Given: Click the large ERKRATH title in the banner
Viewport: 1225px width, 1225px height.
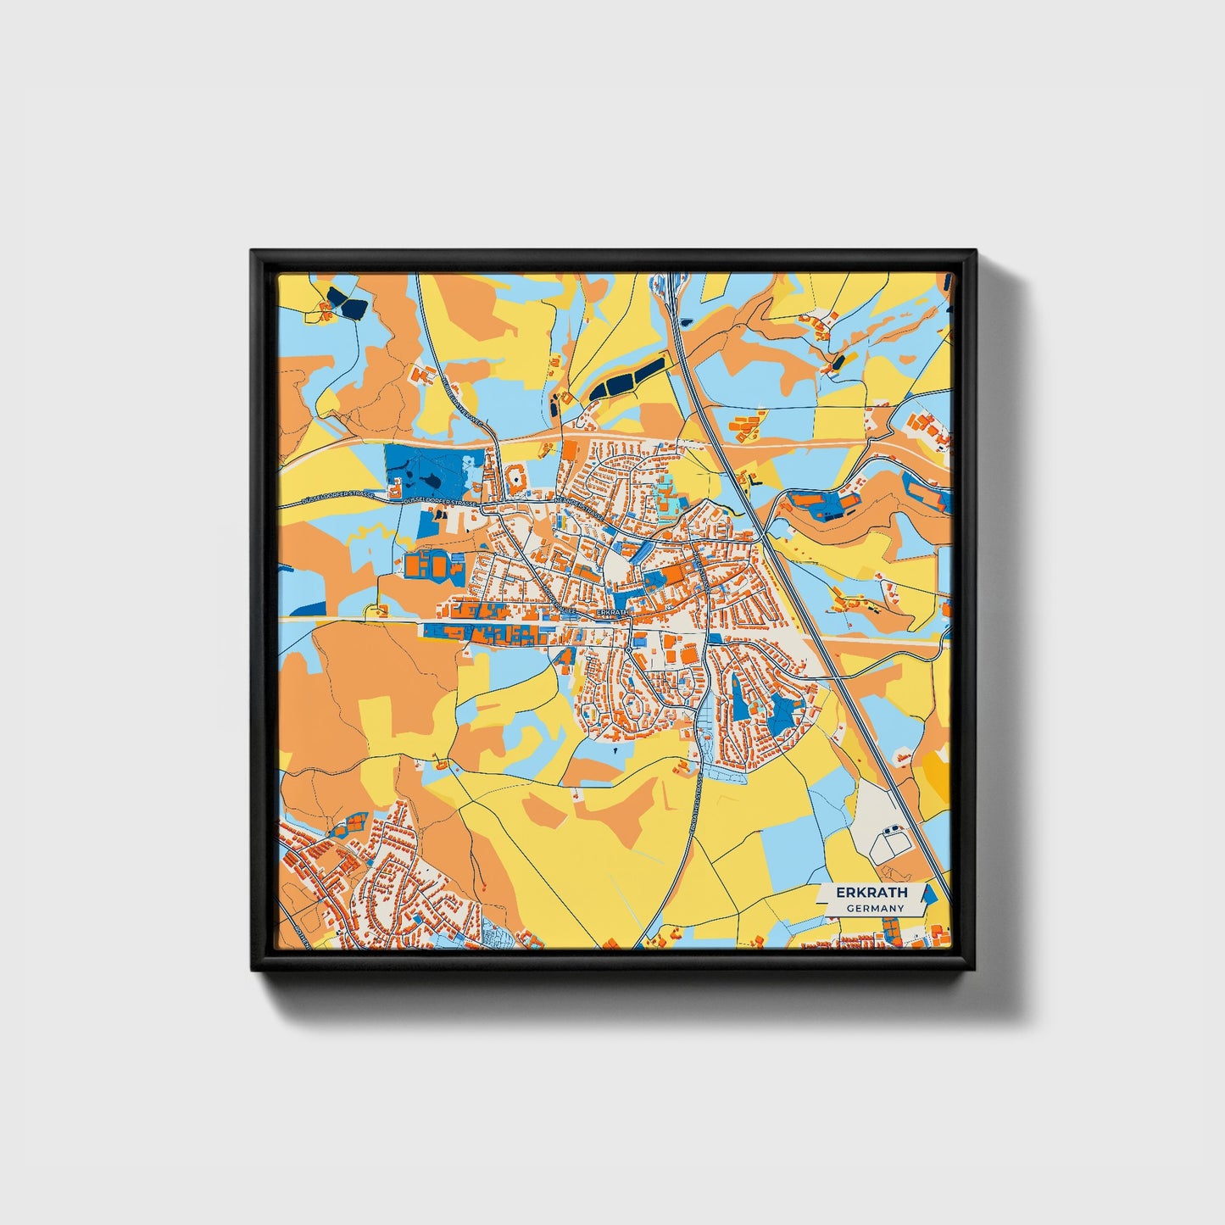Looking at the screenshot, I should point(871,893).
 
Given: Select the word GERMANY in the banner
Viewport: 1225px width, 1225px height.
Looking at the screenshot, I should point(875,909).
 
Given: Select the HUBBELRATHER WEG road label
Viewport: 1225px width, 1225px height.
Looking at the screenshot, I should point(454,398).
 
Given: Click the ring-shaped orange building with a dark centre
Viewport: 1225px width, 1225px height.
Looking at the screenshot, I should point(516,482).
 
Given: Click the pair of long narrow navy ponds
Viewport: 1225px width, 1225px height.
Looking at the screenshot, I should point(627,379).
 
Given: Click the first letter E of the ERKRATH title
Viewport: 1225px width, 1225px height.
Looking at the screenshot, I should point(840,893).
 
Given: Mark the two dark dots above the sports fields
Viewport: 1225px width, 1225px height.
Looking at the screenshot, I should point(894,827).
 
